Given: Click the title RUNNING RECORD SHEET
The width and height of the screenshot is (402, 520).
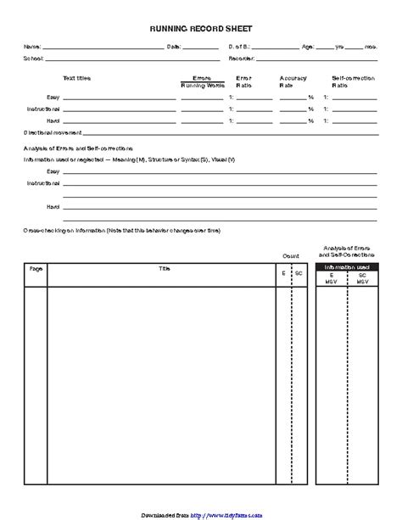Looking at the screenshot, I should (201, 28).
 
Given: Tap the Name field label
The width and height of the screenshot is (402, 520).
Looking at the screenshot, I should (31, 47).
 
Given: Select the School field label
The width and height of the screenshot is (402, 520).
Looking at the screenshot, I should (32, 59).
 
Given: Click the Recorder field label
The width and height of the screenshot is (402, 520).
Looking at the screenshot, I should (242, 59).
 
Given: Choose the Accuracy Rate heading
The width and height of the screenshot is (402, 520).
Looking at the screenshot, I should (293, 81).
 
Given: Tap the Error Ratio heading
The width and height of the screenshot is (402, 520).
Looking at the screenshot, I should (243, 81).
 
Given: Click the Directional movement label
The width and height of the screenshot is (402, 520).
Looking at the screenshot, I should (53, 133).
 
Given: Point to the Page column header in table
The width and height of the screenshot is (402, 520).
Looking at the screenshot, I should (36, 268).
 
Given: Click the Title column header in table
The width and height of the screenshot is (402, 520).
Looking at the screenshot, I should (164, 268).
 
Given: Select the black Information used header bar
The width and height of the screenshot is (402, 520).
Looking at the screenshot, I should (346, 266).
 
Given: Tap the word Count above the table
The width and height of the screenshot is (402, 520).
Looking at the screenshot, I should (291, 255).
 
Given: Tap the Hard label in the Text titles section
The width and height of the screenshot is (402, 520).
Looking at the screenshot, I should (53, 120).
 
